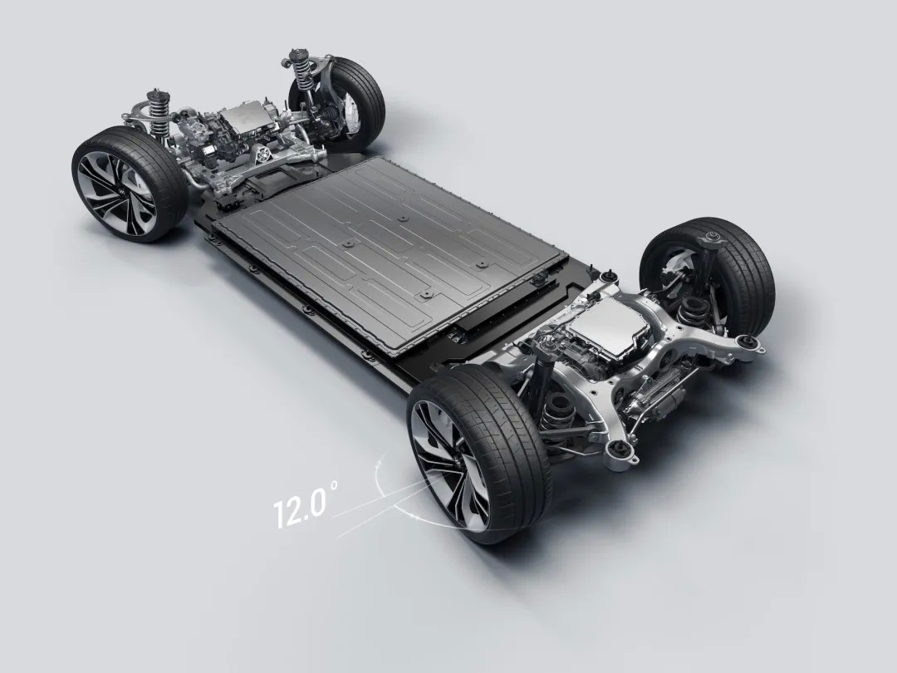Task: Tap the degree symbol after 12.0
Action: pyautogui.click(x=335, y=484)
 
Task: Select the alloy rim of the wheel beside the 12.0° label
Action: pyautogui.click(x=452, y=466)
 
